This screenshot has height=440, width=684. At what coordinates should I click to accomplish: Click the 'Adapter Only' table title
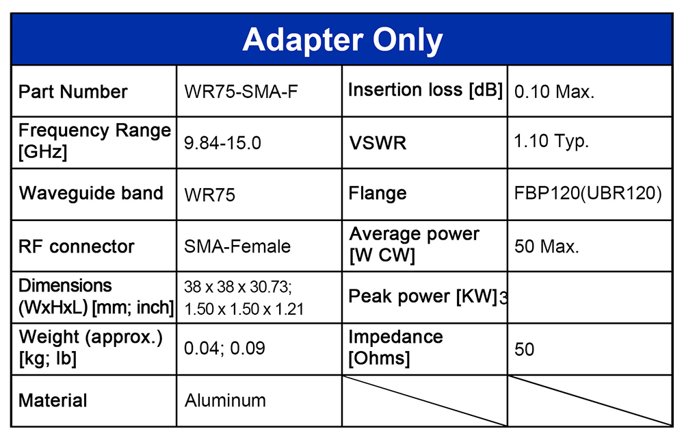[343, 40]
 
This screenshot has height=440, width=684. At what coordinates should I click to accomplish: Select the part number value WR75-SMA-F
[241, 92]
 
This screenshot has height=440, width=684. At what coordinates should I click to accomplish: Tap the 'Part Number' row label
[73, 92]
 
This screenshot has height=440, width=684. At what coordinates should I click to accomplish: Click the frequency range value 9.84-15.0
[222, 143]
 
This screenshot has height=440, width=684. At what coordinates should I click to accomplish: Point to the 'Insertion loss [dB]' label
[425, 90]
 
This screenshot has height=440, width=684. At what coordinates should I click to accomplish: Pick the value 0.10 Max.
[555, 92]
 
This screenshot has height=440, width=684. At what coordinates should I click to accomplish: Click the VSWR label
[378, 143]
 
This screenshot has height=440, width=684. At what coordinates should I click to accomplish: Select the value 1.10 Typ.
[551, 142]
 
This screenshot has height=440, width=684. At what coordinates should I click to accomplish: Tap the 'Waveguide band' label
[91, 194]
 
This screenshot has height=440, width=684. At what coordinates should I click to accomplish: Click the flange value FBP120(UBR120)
[588, 194]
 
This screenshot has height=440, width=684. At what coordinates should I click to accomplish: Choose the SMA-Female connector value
[237, 246]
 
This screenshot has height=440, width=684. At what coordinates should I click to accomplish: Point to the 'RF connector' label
[77, 246]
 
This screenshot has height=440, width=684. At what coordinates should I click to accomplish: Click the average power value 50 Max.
[547, 246]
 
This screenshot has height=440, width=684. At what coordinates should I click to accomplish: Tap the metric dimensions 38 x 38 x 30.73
[238, 287]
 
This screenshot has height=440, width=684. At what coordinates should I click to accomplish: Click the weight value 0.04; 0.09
[224, 348]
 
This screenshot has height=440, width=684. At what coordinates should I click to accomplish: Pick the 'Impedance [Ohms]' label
[395, 348]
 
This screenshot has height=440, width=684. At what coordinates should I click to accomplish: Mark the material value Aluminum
[225, 400]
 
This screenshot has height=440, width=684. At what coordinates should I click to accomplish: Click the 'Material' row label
[53, 400]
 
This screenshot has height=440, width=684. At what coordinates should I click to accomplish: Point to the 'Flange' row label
[378, 194]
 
